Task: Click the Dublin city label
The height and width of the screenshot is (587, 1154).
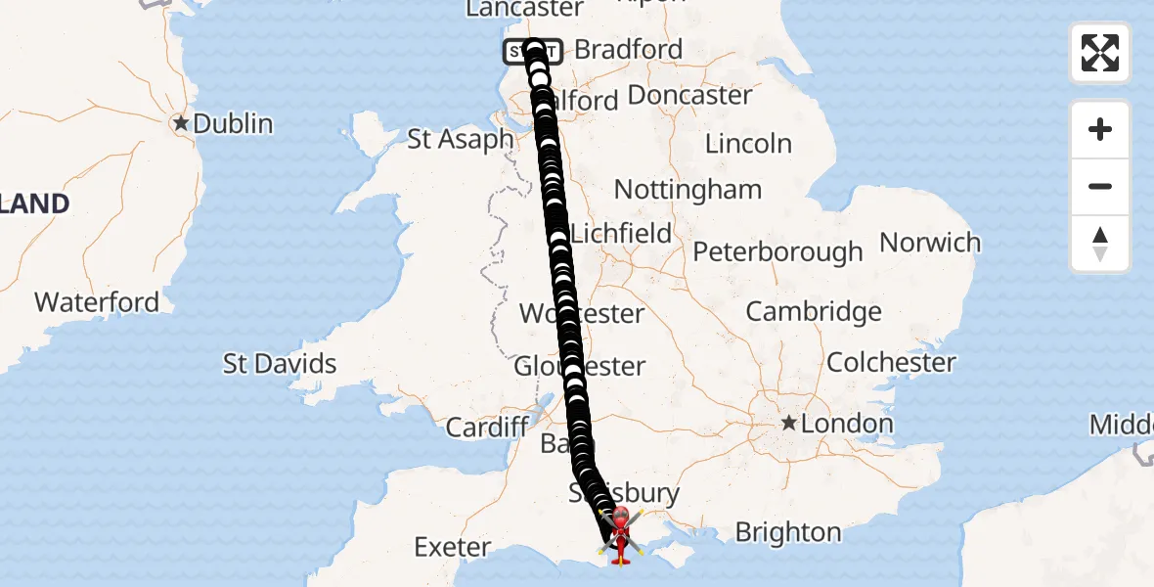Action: [233, 124]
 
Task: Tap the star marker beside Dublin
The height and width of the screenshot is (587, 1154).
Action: [181, 124]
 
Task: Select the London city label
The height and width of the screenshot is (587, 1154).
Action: [846, 424]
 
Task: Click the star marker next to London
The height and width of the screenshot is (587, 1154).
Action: [788, 424]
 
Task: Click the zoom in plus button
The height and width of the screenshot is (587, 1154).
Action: [1100, 129]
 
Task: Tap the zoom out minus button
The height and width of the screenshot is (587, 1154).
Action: [1100, 186]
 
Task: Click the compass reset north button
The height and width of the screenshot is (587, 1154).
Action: [1100, 244]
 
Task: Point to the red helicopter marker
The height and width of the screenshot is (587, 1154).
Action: [620, 536]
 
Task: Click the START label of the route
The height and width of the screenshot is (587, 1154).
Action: [533, 51]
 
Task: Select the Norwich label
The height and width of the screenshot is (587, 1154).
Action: [930, 243]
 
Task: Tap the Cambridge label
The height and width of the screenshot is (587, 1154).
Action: [814, 311]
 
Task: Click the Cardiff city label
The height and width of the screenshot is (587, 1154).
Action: [487, 428]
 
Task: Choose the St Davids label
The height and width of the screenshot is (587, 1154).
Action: [280, 364]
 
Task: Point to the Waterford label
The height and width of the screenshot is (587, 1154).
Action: [97, 302]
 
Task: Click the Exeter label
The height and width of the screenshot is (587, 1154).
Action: [452, 546]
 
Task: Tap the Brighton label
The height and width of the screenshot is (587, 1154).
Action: [788, 532]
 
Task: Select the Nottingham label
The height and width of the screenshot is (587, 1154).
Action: [688, 189]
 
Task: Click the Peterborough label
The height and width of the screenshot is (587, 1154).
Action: [777, 251]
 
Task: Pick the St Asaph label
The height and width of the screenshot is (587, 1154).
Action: [460, 139]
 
